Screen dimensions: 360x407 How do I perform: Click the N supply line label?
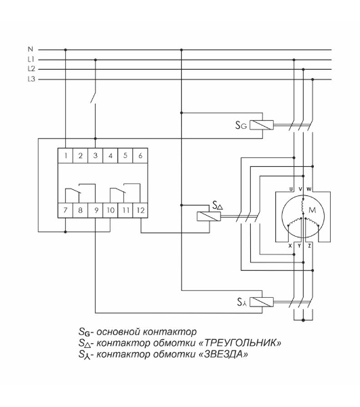pyautogui.click(x=31, y=49)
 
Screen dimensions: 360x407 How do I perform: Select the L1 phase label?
pyautogui.click(x=31, y=60)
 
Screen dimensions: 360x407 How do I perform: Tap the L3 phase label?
pyautogui.click(x=31, y=79)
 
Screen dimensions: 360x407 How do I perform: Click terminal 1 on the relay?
pyautogui.click(x=65, y=155)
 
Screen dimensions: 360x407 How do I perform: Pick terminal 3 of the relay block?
pyautogui.click(x=95, y=155)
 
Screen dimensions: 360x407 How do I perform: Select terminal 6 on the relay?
pyautogui.click(x=140, y=155)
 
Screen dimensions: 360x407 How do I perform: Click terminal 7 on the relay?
pyautogui.click(x=65, y=210)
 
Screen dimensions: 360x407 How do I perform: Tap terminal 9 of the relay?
pyautogui.click(x=96, y=210)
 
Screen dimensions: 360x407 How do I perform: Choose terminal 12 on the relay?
pyautogui.click(x=140, y=210)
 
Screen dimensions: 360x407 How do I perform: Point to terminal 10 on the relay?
pyautogui.click(x=111, y=210)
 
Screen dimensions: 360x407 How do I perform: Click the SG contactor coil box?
pyautogui.click(x=262, y=125)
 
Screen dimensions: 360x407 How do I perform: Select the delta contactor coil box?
pyautogui.click(x=209, y=216)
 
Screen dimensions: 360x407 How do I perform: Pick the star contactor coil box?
pyautogui.click(x=262, y=302)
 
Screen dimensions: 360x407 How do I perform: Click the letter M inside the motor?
pyautogui.click(x=313, y=210)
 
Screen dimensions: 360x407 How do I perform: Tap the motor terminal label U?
pyautogui.click(x=291, y=189)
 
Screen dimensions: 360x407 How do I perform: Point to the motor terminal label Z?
pyautogui.click(x=309, y=246)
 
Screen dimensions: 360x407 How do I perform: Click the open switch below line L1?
pyautogui.click(x=93, y=96)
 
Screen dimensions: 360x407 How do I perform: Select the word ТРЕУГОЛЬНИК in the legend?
pyautogui.click(x=240, y=343)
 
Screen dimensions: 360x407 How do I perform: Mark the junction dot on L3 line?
pyautogui.click(x=313, y=79)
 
